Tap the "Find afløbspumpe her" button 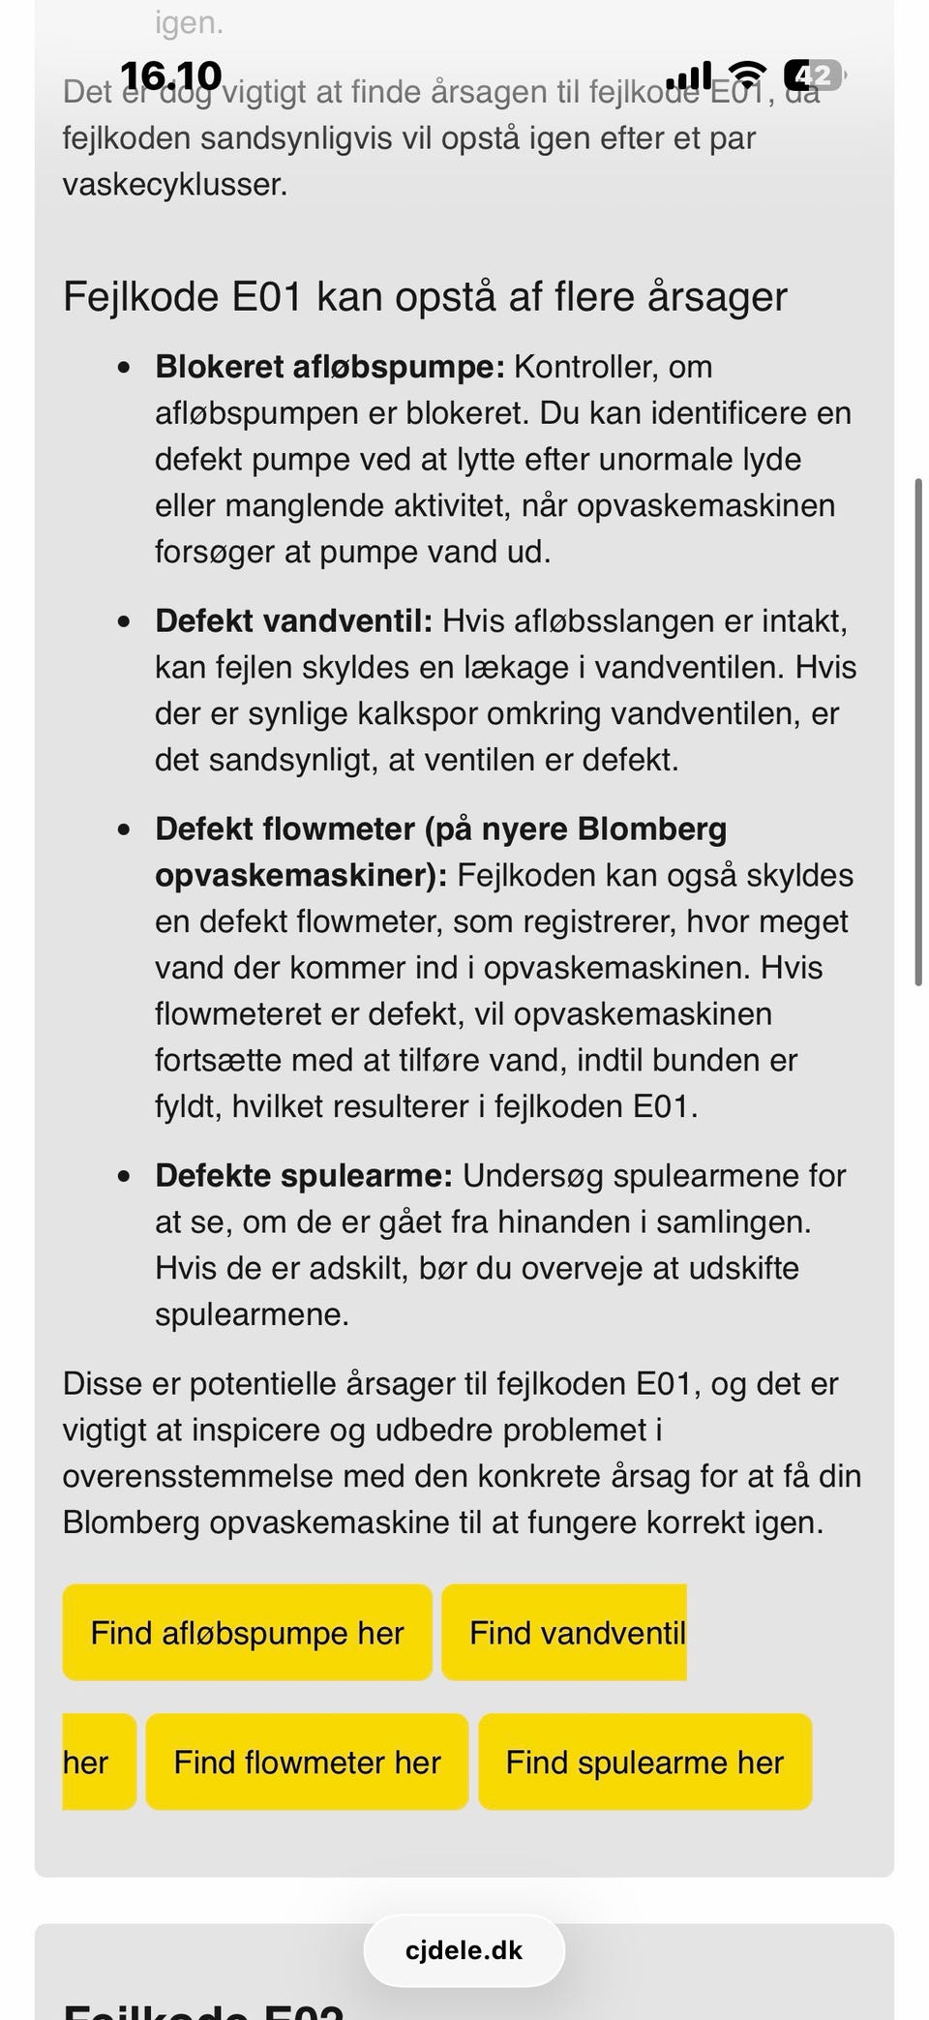[247, 1633]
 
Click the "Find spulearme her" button [644, 1762]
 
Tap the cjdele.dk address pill [464, 1950]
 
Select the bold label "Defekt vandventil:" [293, 620]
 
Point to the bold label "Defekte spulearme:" [304, 1175]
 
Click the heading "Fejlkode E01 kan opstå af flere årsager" [425, 296]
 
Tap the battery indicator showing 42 [814, 75]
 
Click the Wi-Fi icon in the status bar [746, 75]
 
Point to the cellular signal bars [689, 75]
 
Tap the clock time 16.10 [170, 75]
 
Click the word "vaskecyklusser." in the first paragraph [175, 184]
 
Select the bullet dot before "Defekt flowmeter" [123, 829]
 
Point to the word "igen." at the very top [189, 23]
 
